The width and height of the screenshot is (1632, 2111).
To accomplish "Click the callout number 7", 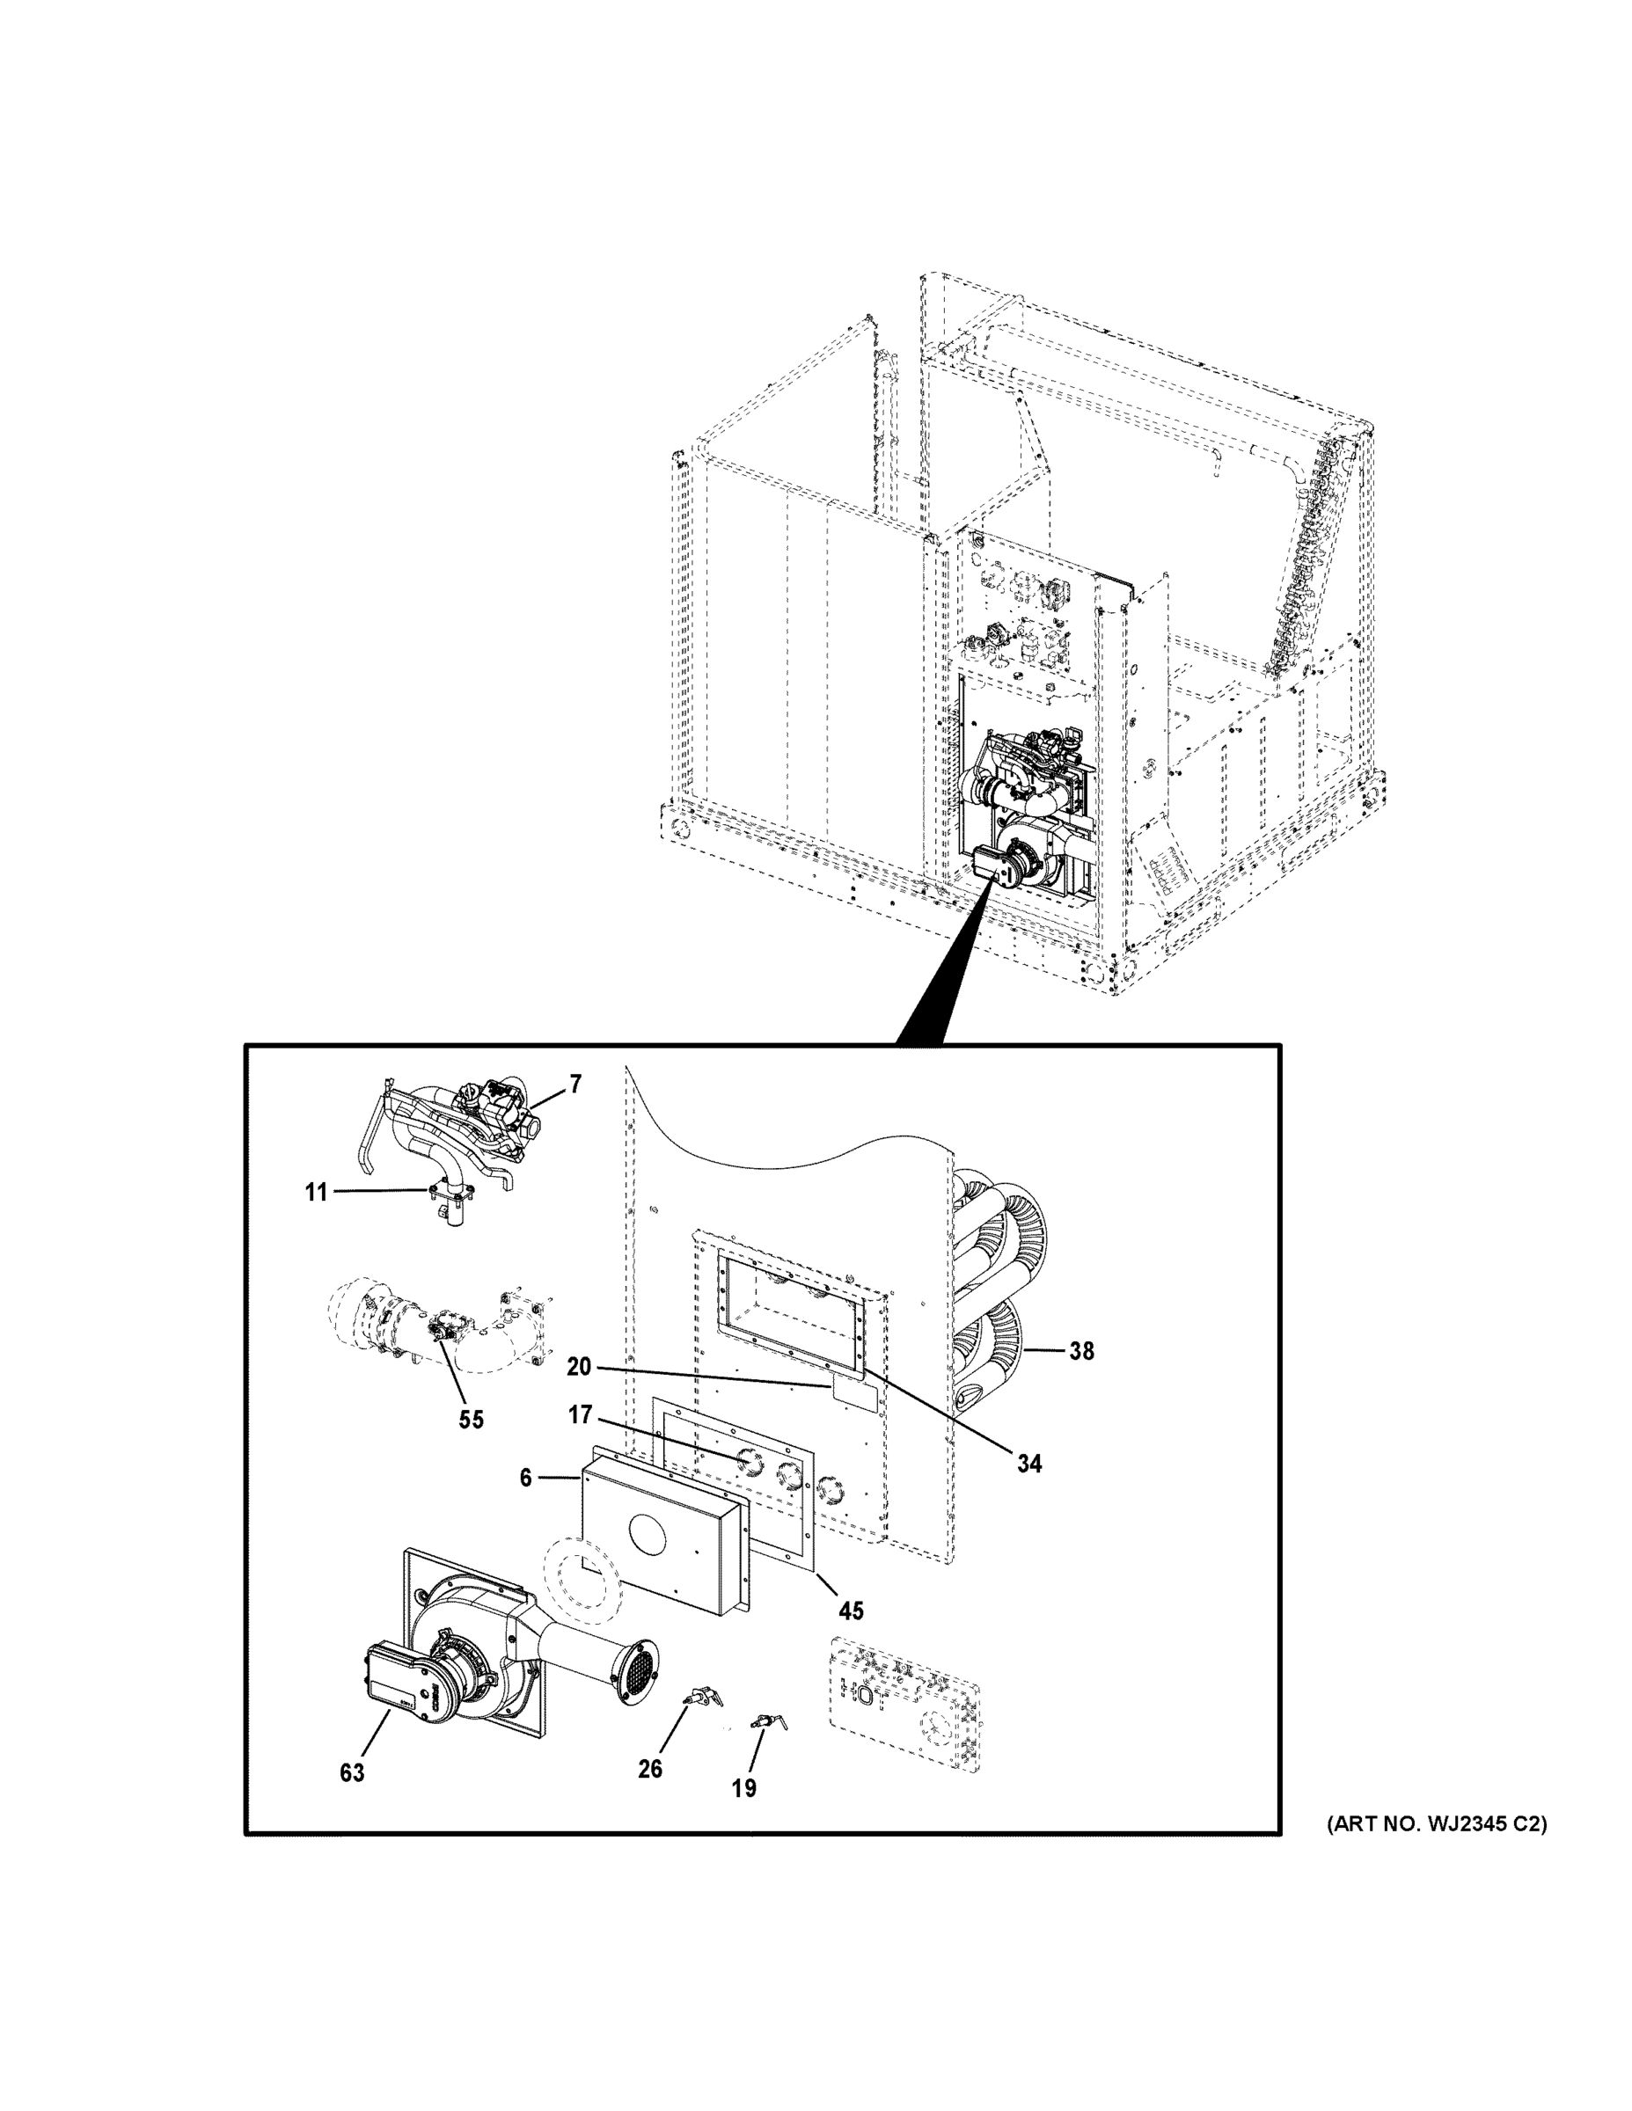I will pyautogui.click(x=575, y=1085).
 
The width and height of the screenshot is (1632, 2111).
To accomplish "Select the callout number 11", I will pyautogui.click(x=316, y=1193).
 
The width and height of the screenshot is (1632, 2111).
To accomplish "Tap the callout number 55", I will pyautogui.click(x=471, y=1420).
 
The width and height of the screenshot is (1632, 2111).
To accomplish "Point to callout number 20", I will pyautogui.click(x=579, y=1368).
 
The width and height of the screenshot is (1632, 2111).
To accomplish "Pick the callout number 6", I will pyautogui.click(x=525, y=1477).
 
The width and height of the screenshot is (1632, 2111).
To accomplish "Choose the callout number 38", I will pyautogui.click(x=1081, y=1351).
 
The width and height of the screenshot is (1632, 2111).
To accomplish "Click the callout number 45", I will pyautogui.click(x=851, y=1611).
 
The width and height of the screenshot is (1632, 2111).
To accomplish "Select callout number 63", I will pyautogui.click(x=352, y=1772).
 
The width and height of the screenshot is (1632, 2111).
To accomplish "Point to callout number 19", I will pyautogui.click(x=743, y=1788).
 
